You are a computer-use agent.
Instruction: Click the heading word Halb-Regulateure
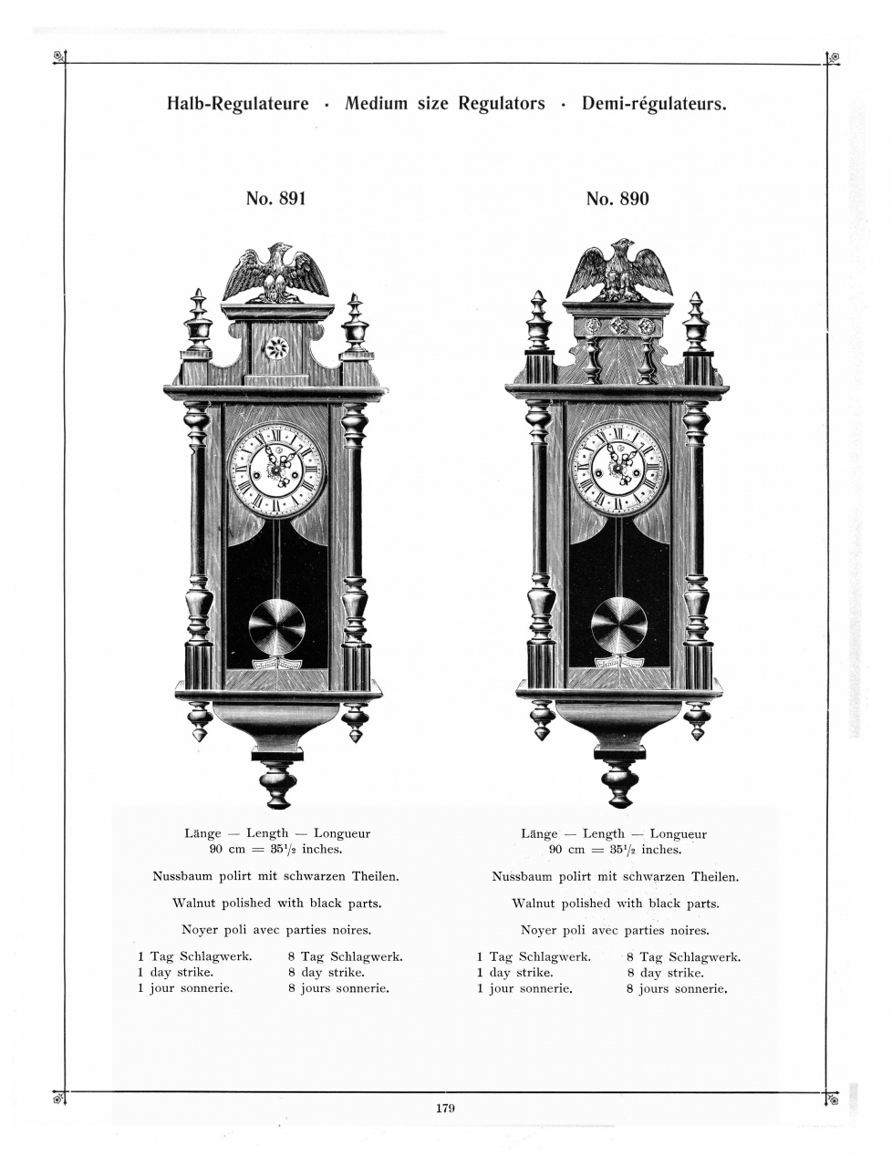pos(237,104)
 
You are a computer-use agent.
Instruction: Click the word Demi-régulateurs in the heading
pos(654,104)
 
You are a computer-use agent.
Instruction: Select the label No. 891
pos(275,199)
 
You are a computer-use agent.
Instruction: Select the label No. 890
pos(617,199)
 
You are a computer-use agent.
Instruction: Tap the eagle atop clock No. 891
pos(276,272)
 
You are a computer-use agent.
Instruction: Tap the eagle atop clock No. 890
pos(619,270)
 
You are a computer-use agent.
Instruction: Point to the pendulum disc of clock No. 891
pos(277,627)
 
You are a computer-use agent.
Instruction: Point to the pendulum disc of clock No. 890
pos(619,625)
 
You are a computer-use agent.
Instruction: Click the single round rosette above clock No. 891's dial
pos(275,347)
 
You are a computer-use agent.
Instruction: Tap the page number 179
pos(445,1109)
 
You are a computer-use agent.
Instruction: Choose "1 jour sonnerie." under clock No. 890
pos(524,988)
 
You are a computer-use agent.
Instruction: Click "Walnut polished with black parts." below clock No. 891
pos(276,904)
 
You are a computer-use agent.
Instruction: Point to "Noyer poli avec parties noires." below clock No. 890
pos(615,931)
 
